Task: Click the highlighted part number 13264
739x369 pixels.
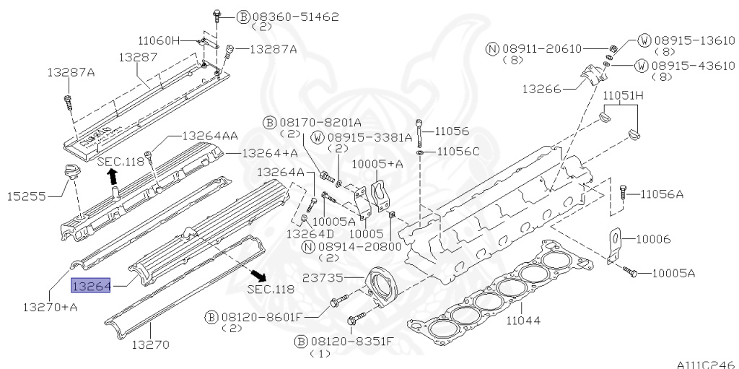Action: [x=90, y=287]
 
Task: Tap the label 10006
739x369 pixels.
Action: [x=655, y=238]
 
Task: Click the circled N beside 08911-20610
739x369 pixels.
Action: [x=492, y=48]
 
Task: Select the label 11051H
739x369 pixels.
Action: [x=624, y=96]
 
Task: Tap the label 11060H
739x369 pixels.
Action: [x=158, y=40]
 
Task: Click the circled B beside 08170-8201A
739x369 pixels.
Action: [x=269, y=122]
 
